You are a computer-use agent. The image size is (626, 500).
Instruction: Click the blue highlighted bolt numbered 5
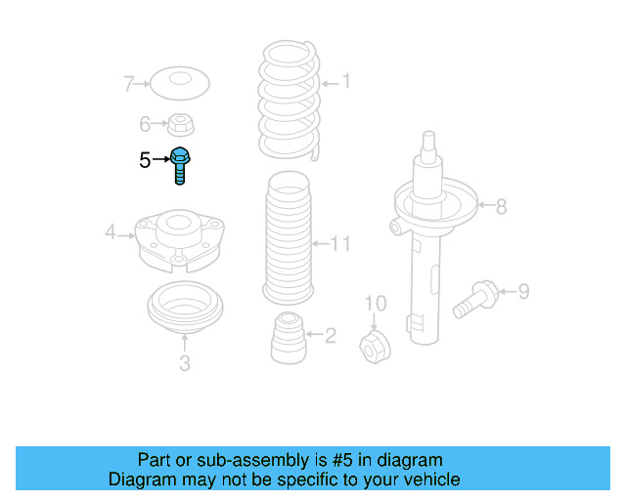click(181, 164)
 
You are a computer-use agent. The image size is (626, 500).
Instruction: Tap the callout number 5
click(145, 160)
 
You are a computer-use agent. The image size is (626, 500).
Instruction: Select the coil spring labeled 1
click(288, 98)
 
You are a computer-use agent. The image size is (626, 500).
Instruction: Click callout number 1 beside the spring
click(344, 83)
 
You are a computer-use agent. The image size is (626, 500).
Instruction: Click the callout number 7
click(128, 84)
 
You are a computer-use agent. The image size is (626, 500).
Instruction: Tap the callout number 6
click(145, 124)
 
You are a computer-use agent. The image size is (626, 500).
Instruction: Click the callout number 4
click(112, 232)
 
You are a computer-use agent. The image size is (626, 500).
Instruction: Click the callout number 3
click(184, 364)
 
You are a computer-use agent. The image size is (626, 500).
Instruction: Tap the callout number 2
click(330, 336)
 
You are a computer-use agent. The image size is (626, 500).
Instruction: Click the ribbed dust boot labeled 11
click(288, 238)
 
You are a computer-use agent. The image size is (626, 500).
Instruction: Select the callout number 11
click(338, 243)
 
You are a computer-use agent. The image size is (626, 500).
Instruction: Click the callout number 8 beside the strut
click(501, 206)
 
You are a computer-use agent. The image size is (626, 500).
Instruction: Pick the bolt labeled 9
click(476, 297)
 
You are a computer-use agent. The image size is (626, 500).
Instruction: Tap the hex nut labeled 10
click(375, 345)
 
